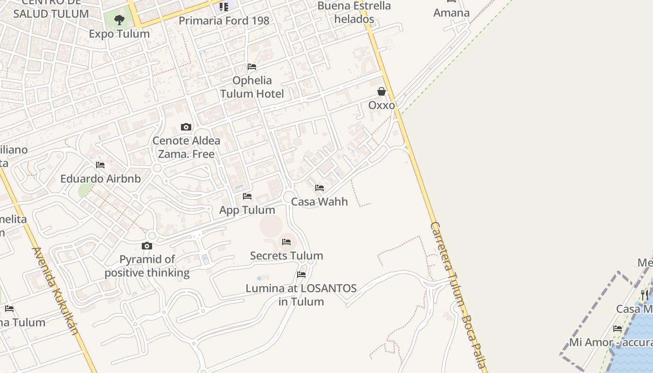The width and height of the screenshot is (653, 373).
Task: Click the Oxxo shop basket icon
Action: point(382,91)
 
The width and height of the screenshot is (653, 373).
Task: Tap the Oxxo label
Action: point(382,105)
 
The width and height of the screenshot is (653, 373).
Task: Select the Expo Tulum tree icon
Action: point(119,20)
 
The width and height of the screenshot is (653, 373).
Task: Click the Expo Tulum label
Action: point(119,34)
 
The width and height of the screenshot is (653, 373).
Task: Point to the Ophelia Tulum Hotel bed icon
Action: point(252,67)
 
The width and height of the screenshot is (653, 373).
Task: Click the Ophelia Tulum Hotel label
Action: point(252,87)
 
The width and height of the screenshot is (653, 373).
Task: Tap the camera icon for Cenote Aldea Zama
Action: point(186,127)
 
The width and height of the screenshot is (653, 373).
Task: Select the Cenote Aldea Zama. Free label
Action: point(187,147)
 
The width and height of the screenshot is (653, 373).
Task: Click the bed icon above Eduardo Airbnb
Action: point(100,165)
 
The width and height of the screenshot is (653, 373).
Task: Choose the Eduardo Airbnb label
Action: point(101,179)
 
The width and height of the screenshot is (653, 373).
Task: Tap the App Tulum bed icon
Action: point(247,196)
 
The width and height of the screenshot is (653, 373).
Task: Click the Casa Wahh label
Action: point(320,202)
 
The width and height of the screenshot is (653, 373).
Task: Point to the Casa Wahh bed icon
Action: point(320,188)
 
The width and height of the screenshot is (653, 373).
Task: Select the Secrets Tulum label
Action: point(286,256)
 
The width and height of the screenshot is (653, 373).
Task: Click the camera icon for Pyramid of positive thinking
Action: point(147,246)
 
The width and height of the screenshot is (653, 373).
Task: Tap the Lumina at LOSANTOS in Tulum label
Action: point(301,295)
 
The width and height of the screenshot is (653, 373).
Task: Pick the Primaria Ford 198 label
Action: point(224,21)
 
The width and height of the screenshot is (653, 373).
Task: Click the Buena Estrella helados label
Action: point(354,13)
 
